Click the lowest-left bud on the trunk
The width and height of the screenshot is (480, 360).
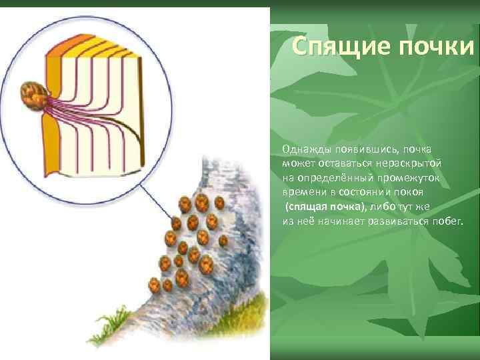click(154, 287)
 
